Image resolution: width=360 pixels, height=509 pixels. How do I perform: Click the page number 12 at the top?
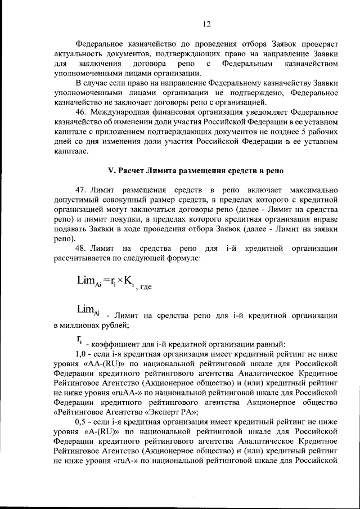(206, 23)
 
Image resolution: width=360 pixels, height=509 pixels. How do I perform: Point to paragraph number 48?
(81, 248)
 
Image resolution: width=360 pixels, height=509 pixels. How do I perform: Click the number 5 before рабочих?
(299, 133)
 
